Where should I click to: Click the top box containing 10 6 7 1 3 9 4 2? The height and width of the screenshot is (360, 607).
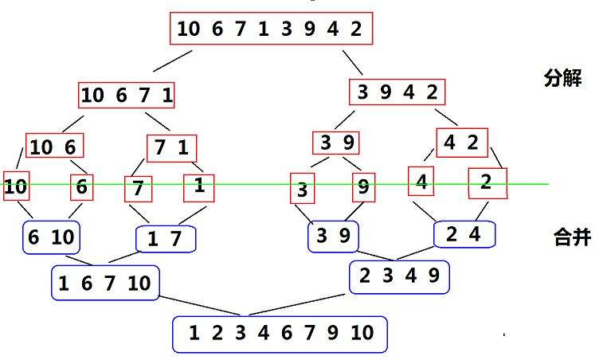pyautogui.click(x=271, y=29)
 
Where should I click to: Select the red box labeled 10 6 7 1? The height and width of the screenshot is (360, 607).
pyautogui.click(x=127, y=96)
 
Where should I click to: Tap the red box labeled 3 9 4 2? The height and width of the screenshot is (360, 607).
pyautogui.click(x=397, y=92)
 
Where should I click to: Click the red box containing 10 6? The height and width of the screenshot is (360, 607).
pyautogui.click(x=55, y=147)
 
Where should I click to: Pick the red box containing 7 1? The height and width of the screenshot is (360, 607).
pyautogui.click(x=171, y=148)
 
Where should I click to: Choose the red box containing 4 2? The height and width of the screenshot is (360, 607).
pyautogui.click(x=460, y=143)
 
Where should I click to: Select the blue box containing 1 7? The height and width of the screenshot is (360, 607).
pyautogui.click(x=166, y=239)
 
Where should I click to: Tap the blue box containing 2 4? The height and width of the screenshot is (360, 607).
pyautogui.click(x=464, y=234)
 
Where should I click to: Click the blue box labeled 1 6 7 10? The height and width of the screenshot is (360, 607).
pyautogui.click(x=104, y=283)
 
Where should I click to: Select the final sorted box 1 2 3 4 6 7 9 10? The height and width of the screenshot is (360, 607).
pyautogui.click(x=280, y=334)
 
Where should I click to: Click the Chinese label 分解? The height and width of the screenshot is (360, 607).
pyautogui.click(x=562, y=78)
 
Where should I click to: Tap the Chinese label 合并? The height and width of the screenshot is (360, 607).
pyautogui.click(x=572, y=237)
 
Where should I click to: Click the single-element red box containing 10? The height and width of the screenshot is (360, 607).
pyautogui.click(x=15, y=187)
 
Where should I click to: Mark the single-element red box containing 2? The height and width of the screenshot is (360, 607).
pyautogui.click(x=487, y=182)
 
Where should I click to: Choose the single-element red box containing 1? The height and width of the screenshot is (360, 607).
pyautogui.click(x=199, y=186)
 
